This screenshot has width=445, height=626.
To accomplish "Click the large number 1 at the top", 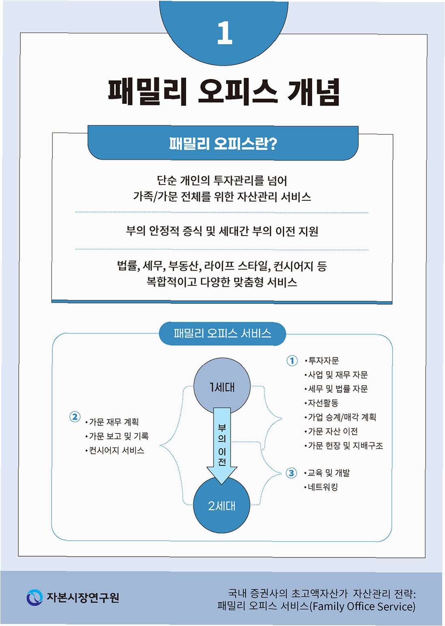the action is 224,33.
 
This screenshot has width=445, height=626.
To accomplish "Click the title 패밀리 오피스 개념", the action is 224,92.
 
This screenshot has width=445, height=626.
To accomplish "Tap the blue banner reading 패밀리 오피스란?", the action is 223,143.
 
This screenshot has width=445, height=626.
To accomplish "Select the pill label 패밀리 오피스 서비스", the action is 222,333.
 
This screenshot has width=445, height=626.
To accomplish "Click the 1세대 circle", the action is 222,387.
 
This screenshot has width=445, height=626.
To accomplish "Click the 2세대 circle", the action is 221,506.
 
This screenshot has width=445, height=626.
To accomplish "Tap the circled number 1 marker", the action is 292,361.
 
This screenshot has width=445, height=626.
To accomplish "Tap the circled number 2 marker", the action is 75,417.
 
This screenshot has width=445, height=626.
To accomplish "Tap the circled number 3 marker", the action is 291,473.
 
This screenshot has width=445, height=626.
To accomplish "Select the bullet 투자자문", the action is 323,361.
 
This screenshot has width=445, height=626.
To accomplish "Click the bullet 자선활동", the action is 323,403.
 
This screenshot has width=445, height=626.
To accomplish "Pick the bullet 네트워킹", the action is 322,487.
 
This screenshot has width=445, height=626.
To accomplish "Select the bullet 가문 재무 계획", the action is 114,422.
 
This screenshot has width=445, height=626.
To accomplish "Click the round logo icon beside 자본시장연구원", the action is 34,598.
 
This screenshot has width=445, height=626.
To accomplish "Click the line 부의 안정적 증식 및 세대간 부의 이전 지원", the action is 222,231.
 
